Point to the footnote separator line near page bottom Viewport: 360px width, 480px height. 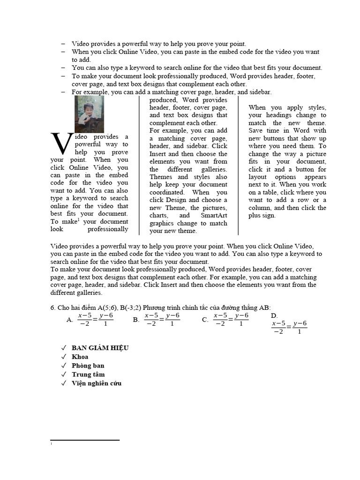tap(85, 440)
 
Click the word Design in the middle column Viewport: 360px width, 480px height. tap(177, 200)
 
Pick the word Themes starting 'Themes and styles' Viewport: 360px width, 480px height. tap(161, 177)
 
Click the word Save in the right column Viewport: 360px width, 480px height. tap(256, 131)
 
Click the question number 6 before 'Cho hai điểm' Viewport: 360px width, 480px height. tap(52, 307)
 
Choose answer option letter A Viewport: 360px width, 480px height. tap(69, 320)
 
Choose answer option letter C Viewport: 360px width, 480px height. tap(205, 320)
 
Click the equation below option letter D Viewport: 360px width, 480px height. tap(289, 327)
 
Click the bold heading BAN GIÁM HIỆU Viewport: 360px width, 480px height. tap(100, 348)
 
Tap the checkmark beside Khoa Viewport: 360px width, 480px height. tap(63, 357)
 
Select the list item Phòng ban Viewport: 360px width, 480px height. tap(88, 366)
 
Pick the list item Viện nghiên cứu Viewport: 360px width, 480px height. tap(96, 383)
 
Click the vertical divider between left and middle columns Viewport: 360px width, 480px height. tap(139, 164)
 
